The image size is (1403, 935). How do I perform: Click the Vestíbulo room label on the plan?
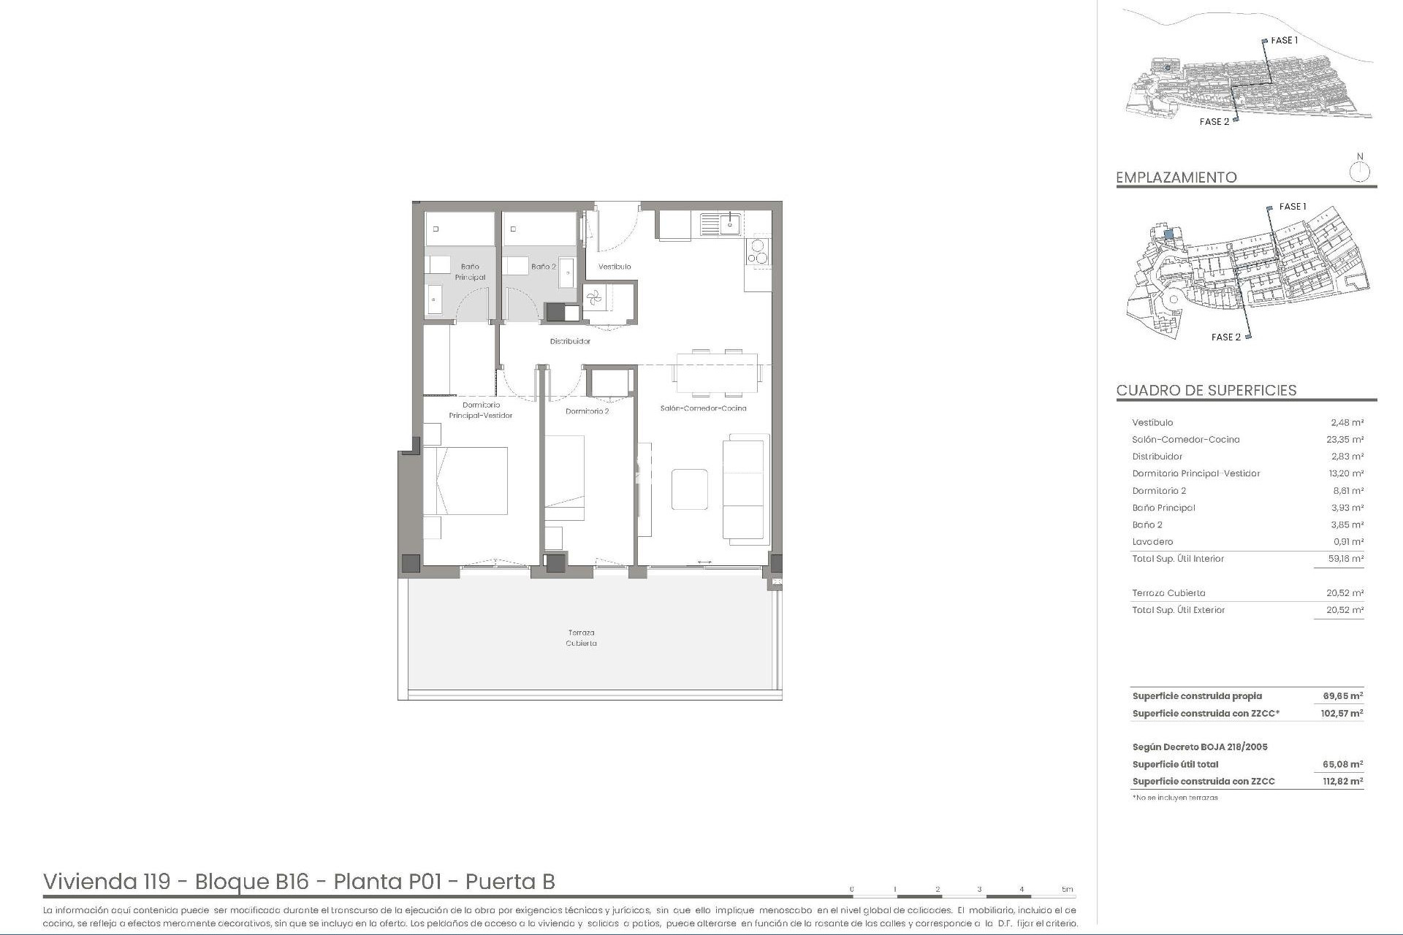pos(614,267)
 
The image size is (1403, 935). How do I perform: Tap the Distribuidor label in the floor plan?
pos(570,341)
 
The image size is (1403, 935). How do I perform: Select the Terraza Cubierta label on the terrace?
pos(582,638)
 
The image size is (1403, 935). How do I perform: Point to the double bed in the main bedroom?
pos(465,481)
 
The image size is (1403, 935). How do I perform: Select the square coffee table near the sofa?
pos(689,489)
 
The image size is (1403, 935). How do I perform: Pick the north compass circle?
pos(1359,172)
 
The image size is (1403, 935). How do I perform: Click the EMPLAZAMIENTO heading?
pos(1176,178)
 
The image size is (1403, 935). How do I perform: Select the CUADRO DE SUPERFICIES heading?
pos(1206,390)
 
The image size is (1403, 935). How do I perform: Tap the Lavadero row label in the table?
pos(1152,542)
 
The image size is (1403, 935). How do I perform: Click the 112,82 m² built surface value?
pos(1342,782)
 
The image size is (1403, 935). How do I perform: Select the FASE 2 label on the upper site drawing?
pos(1214,122)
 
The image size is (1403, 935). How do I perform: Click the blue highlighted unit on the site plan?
pos(1168,234)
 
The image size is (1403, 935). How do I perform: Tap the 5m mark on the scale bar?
pos(1068,890)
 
